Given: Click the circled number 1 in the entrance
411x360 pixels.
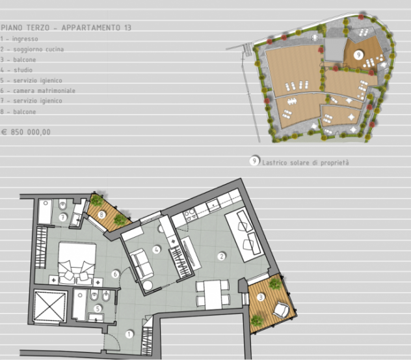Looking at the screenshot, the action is [x=129, y=335].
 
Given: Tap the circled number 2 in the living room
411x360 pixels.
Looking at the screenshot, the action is [x=222, y=256].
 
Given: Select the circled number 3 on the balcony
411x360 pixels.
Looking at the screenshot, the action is [x=261, y=298].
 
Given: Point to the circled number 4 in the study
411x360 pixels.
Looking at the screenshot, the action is [x=157, y=249].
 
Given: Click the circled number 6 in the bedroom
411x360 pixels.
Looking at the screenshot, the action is [x=115, y=275].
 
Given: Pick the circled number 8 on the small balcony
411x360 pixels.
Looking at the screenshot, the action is [x=101, y=215].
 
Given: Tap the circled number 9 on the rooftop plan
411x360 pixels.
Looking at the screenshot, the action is [x=358, y=55].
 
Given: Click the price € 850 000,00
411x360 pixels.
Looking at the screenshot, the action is [x=26, y=132].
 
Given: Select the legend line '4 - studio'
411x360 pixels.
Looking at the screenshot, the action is [x=16, y=70].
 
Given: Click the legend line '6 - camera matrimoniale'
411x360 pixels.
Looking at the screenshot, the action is [x=38, y=90].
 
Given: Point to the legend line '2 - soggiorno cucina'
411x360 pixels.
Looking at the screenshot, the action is [x=32, y=49].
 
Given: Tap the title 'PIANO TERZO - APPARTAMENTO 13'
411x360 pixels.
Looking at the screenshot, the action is [x=66, y=27].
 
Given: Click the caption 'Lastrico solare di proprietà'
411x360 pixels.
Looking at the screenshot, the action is [x=306, y=163].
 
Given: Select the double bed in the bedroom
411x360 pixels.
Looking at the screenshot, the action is [x=77, y=262].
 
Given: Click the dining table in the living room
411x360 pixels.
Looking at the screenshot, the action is [x=213, y=295].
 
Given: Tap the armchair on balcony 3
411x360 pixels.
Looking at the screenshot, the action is [x=281, y=310].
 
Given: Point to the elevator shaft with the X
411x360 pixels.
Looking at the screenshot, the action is [x=49, y=307].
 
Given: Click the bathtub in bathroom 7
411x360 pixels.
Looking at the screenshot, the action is [x=46, y=212].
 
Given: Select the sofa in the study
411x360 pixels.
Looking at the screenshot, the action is [x=142, y=264].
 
